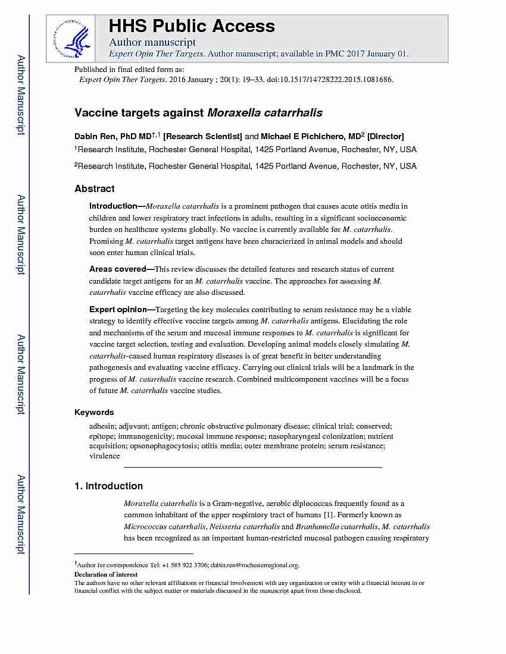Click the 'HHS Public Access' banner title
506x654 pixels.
[192, 26]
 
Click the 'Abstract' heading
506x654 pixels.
[94, 188]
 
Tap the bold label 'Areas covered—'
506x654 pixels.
[121, 269]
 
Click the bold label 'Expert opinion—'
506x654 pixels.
[121, 309]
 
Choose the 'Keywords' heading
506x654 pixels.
[93, 412]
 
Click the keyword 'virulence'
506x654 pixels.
[104, 456]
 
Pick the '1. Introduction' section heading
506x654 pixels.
[108, 486]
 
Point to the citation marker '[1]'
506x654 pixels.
[328, 515]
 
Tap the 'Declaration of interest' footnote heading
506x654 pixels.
[105, 574]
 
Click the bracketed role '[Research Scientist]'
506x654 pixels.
[202, 136]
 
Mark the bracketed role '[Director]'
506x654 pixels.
[386, 136]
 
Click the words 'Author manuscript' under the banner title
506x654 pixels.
[152, 42]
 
